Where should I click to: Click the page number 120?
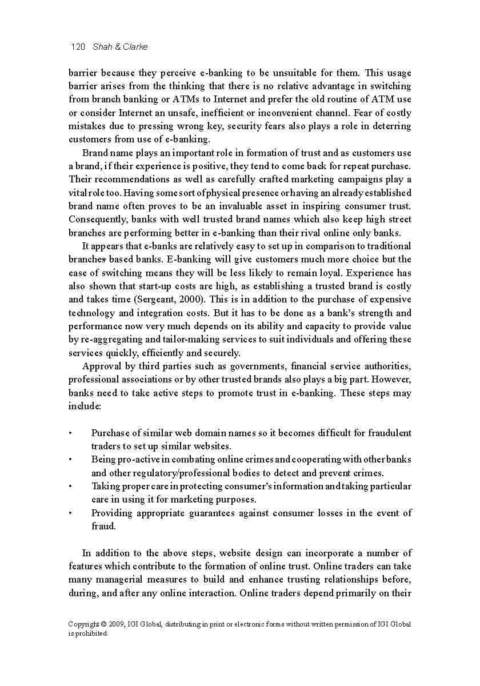77,47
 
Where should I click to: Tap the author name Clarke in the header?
135,47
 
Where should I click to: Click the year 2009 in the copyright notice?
117,624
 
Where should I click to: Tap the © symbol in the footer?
102,624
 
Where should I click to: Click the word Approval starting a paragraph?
101,366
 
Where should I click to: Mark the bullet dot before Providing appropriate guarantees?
70,513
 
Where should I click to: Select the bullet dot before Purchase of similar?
70,433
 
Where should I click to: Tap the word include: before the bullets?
85,406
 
